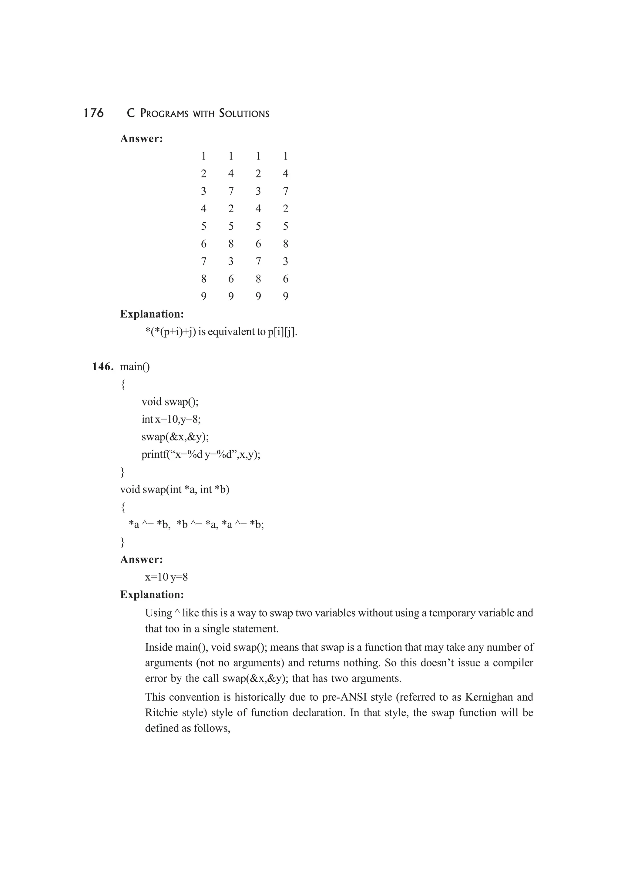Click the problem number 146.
click(102, 367)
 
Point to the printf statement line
click(200, 454)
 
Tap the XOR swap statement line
click(196, 524)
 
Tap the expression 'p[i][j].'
click(282, 332)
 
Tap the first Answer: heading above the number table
click(142, 139)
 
